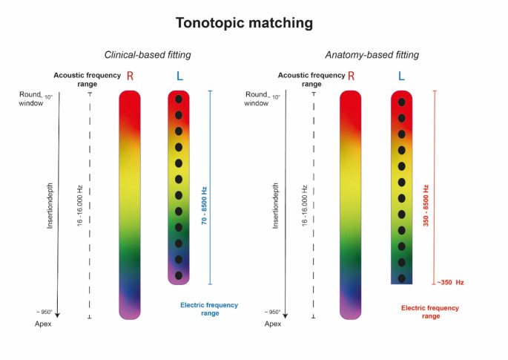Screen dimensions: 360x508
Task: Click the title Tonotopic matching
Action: coord(244,23)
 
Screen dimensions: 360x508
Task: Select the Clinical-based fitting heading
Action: coord(147,55)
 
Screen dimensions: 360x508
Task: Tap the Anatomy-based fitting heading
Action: coord(372,55)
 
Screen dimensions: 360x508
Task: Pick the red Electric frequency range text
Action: coord(429,312)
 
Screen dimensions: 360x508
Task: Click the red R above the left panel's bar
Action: coord(131,76)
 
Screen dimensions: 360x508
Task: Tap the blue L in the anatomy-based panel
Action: coord(401,76)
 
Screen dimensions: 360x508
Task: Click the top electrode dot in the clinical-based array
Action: coord(179,99)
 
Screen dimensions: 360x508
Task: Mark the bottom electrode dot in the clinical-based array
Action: coord(179,275)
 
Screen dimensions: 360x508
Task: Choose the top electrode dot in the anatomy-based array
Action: coord(401,102)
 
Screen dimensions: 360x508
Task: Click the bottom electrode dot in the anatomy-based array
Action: coord(401,278)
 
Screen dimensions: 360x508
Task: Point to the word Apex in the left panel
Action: coord(44,324)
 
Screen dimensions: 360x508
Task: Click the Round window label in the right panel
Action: coord(257,99)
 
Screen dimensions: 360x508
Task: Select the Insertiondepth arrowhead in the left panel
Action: coord(57,315)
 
